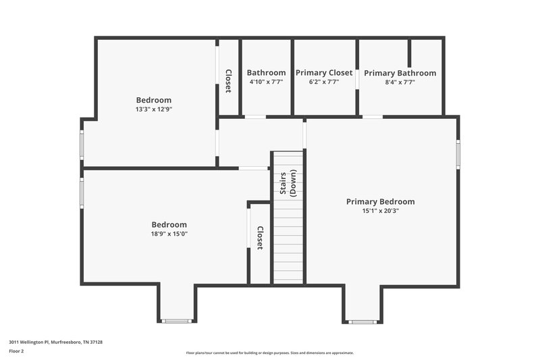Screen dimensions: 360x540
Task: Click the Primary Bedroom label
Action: coord(380,201)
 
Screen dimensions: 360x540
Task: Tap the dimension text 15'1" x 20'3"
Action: coord(380,211)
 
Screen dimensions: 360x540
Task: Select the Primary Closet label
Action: coord(324,73)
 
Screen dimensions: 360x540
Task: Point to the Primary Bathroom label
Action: coord(400,73)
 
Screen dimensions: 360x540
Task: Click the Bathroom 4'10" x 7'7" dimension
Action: coord(266,82)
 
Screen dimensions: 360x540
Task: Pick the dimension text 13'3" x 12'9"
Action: coord(154,109)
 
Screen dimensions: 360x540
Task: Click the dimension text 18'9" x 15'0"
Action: coord(169,234)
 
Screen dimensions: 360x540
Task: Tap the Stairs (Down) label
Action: coord(288,184)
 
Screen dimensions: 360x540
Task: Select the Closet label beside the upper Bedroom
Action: coord(228,81)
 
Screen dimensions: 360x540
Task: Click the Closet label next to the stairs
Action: coord(260,237)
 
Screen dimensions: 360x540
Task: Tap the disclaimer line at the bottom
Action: coord(269,353)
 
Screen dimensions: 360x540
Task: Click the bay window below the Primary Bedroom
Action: coord(362,322)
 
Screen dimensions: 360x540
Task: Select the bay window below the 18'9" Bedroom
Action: coord(177,321)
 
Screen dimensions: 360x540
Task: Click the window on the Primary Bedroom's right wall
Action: coord(458,154)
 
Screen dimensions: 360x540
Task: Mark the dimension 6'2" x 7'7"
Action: coord(324,82)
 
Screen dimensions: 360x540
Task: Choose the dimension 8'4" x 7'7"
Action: coord(400,82)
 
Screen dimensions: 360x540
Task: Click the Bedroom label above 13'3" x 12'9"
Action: coord(154,100)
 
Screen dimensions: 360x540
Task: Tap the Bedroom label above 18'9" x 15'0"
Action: coord(169,225)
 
